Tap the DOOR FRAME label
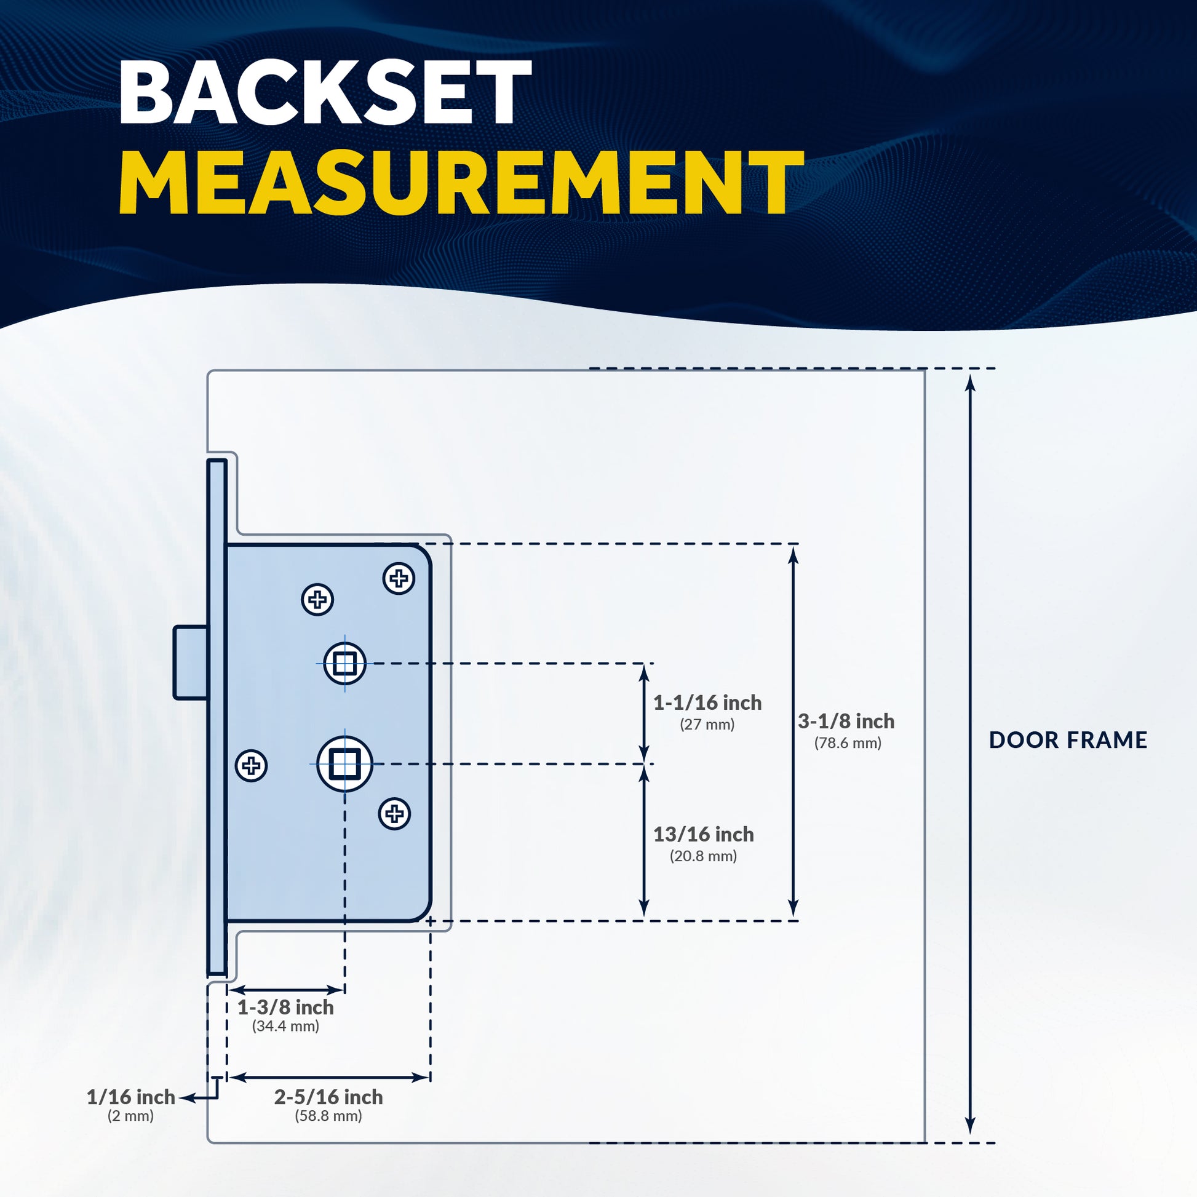pos(1067,740)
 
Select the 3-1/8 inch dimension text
pos(846,721)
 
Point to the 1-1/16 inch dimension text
pos(707,702)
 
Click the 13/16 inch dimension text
pos(703,835)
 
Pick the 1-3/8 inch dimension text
pos(285,1008)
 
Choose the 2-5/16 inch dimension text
pos(328,1097)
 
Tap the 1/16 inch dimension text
pos(131,1097)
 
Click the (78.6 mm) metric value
pos(848,743)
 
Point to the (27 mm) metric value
pos(707,724)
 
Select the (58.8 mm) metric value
pos(328,1116)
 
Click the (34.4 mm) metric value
pos(285,1026)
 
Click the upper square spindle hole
pos(344,663)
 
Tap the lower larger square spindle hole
pos(344,764)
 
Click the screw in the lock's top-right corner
pos(399,579)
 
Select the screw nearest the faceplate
pos(252,766)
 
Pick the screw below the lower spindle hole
pos(394,814)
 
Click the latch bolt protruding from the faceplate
pos(190,662)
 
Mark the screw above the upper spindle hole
pos(317,599)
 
